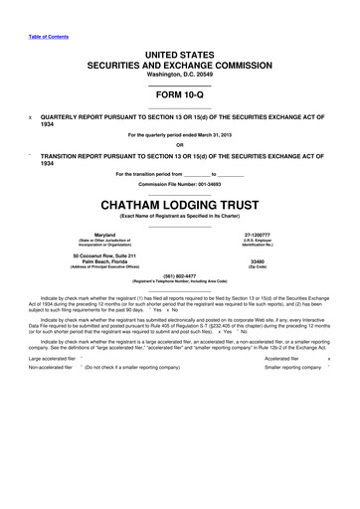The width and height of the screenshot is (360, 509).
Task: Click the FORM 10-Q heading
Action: coord(180,94)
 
